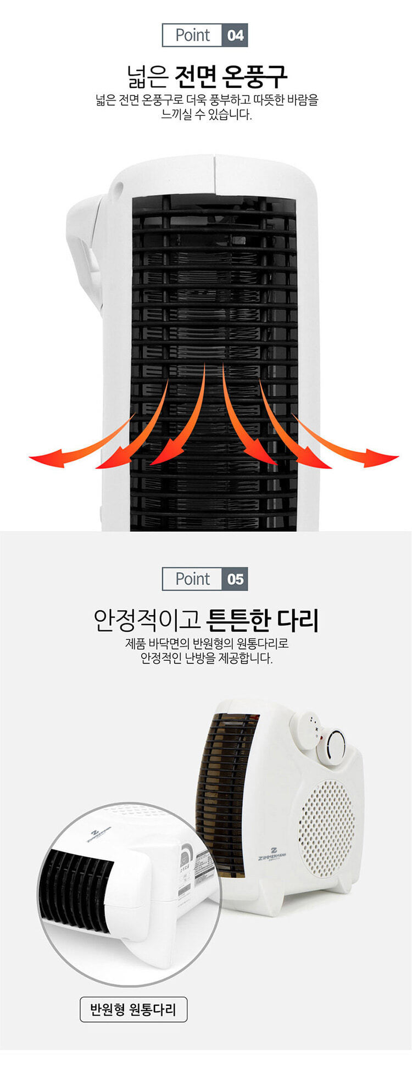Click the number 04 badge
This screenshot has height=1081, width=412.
pos(235,36)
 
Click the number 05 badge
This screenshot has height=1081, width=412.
pos(235,579)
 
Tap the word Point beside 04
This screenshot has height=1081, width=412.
pos(193,36)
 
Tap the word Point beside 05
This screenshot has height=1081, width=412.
pos(193,579)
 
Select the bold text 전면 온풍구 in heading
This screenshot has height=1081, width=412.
pos(231,76)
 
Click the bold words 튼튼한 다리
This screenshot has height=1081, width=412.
pos(262,620)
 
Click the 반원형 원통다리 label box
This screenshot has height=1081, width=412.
pos(133,1009)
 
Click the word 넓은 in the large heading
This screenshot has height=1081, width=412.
pos(146,76)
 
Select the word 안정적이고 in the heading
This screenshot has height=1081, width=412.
pos(147,620)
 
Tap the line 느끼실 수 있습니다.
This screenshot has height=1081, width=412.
pos(206,115)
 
